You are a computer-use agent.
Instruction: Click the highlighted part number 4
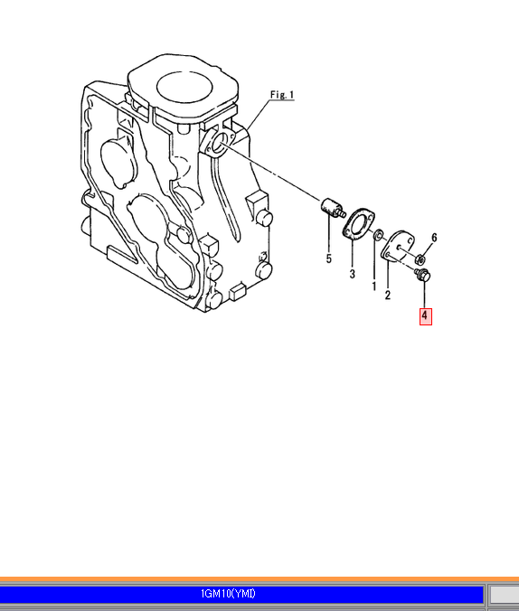click(425, 316)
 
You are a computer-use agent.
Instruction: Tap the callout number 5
click(329, 258)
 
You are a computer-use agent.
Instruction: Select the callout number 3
click(352, 274)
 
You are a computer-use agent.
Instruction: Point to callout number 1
click(374, 287)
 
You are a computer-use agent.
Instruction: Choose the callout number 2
click(387, 295)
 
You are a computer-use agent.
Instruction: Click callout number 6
click(434, 238)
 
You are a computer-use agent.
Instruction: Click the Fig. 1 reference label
click(282, 95)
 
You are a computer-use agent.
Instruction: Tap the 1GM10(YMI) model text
click(228, 594)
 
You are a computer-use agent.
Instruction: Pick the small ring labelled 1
click(378, 235)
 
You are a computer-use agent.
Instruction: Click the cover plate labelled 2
click(397, 246)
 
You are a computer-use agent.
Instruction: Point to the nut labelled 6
click(420, 258)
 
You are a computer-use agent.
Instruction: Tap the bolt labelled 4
click(422, 275)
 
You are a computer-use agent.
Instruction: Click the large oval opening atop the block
click(184, 88)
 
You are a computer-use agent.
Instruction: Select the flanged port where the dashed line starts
click(217, 143)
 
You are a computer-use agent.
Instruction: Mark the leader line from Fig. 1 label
click(258, 116)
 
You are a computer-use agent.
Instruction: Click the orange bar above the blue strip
click(259, 580)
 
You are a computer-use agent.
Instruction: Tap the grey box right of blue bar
click(505, 594)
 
